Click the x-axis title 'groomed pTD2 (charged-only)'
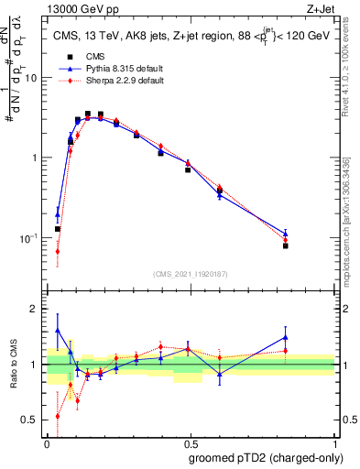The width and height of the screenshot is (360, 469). [265, 457]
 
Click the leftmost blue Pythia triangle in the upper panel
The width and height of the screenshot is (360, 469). [58, 215]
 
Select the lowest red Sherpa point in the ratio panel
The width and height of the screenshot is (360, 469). [58, 416]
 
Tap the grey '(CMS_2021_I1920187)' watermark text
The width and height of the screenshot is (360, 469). [191, 274]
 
